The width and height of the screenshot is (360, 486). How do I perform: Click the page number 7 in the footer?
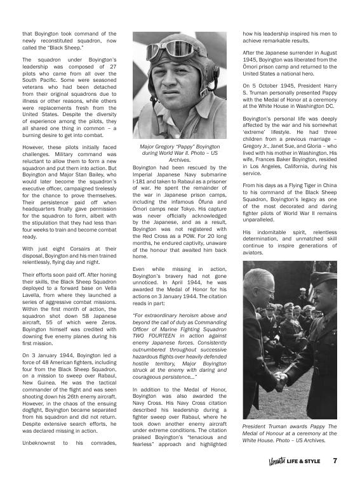tap(334, 461)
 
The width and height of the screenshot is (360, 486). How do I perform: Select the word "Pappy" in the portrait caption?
tap(180, 147)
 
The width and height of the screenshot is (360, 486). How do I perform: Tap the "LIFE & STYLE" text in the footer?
tap(303, 461)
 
